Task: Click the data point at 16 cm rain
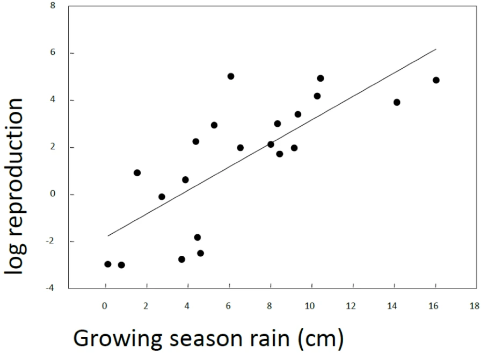pos(436,80)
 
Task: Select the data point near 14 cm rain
pos(397,102)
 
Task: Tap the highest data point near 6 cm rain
pos(231,76)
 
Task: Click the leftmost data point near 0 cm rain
pos(108,264)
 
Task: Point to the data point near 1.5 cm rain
pos(137,172)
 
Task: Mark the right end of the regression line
pos(436,49)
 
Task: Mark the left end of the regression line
pos(108,235)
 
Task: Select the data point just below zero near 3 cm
pos(162,197)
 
